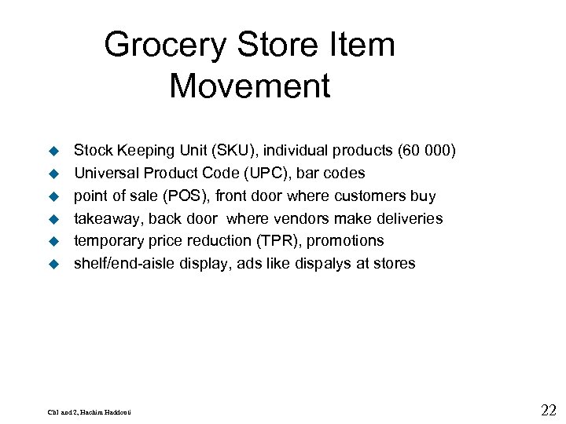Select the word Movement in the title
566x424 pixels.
(x=249, y=86)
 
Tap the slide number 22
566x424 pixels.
(x=549, y=409)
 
